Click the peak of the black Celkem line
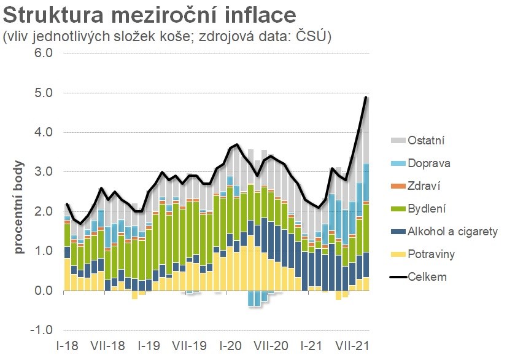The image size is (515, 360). [x=366, y=97]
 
